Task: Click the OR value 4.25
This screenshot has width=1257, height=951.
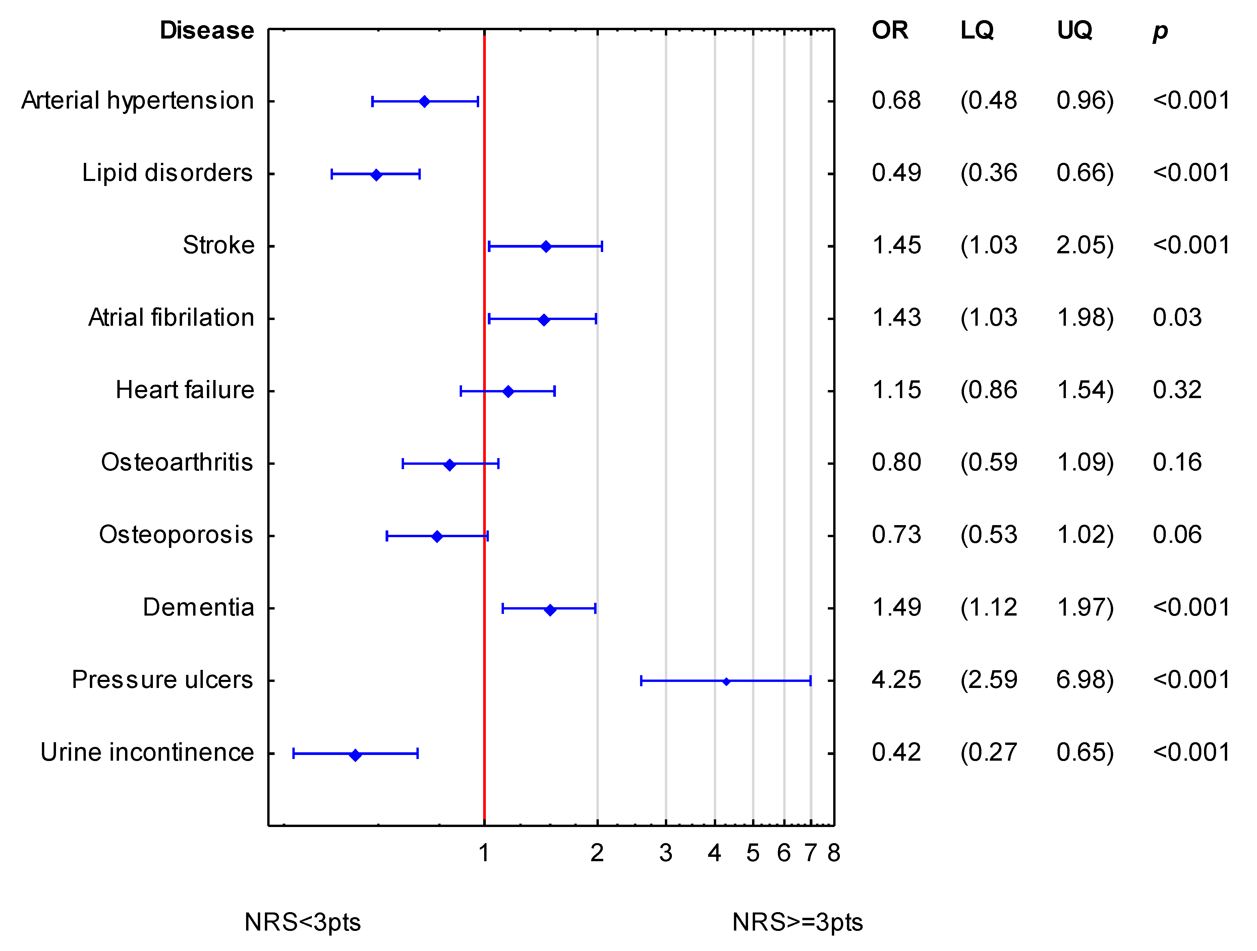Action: click(896, 680)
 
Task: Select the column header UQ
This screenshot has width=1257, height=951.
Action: click(1074, 30)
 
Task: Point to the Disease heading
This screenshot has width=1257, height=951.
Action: click(207, 30)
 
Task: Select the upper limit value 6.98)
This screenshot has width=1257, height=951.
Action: click(1085, 680)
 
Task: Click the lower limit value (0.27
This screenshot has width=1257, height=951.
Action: click(988, 753)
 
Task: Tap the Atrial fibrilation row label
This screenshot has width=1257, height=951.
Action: click(171, 318)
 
